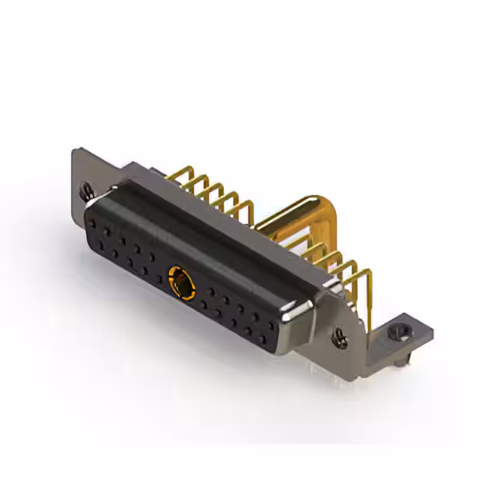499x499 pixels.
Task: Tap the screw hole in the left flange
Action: (87, 189)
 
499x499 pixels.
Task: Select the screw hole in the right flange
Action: (340, 338)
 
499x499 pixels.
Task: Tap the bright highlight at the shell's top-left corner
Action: (117, 187)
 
